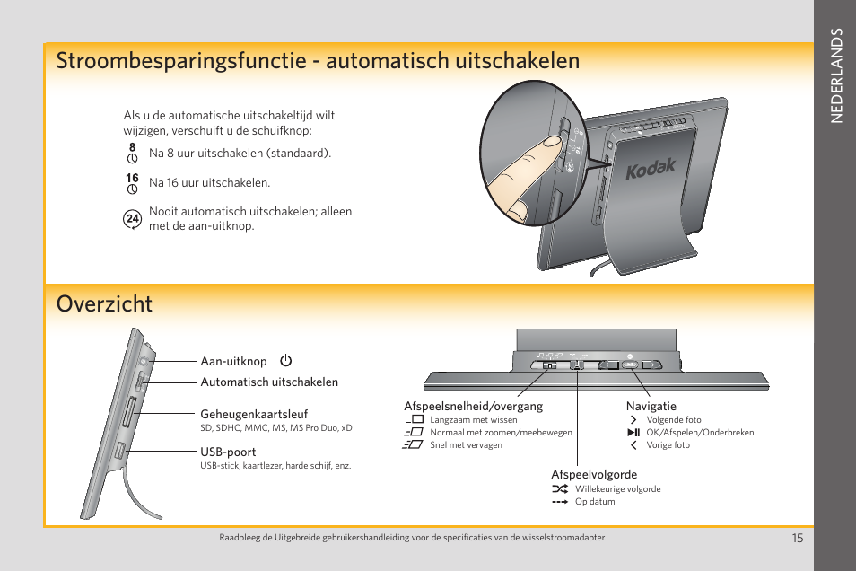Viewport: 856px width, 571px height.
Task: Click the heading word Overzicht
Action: [x=104, y=303]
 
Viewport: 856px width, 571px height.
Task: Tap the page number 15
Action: [x=797, y=538]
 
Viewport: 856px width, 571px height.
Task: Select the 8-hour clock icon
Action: [x=132, y=152]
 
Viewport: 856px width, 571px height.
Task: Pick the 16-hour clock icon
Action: [x=132, y=183]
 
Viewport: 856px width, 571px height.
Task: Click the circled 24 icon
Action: [x=132, y=218]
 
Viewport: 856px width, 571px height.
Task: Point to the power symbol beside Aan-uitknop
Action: [x=285, y=362]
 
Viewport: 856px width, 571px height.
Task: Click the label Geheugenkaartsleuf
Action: [x=254, y=415]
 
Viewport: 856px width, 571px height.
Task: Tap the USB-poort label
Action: [x=228, y=452]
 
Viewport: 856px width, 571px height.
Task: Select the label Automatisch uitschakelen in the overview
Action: [x=269, y=382]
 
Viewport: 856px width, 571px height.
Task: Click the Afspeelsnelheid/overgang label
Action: [x=473, y=407]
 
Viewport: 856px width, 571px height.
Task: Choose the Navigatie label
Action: [x=651, y=407]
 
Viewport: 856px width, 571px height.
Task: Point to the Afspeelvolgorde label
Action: [x=594, y=475]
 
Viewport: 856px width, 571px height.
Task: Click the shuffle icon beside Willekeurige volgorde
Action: [x=560, y=489]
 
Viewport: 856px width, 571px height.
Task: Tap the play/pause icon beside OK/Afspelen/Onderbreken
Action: [x=633, y=432]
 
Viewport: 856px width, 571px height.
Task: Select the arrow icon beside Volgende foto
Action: [x=633, y=419]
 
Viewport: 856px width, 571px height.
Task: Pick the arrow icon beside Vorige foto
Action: [x=633, y=444]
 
